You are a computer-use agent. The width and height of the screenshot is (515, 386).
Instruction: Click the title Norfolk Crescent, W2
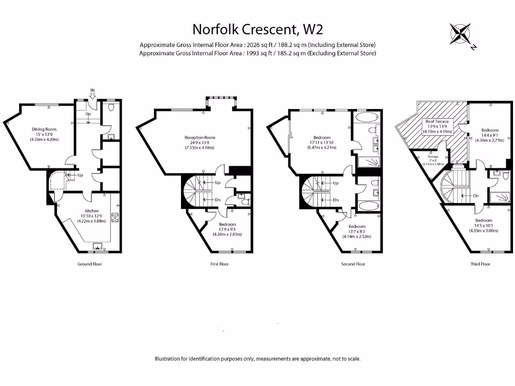257,29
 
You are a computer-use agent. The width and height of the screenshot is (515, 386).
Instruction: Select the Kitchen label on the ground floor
92,211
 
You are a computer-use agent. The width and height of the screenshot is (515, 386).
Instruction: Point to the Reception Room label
200,138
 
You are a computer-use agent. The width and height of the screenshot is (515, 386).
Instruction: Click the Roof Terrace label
433,121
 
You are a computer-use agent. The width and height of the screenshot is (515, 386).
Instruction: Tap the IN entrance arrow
93,92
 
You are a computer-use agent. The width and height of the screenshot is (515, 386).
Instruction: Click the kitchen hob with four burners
115,217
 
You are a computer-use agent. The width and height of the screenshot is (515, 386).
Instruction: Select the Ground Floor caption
90,264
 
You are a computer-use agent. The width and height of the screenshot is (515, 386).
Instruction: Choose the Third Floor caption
480,264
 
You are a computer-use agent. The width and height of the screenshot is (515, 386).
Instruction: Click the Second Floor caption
353,264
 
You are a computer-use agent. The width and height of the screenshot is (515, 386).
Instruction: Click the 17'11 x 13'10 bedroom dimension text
322,143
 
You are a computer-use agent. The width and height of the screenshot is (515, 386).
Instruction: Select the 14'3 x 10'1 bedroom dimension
483,226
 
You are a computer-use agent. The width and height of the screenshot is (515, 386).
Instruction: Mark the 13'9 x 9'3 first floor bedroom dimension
228,229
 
